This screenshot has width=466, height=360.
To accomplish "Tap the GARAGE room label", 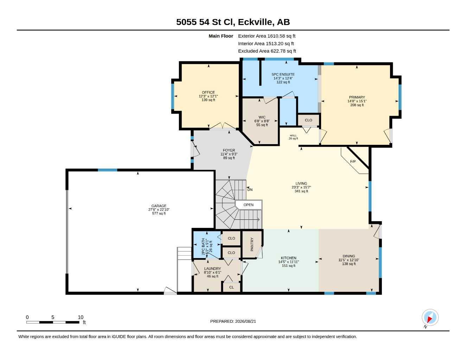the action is coord(159,206).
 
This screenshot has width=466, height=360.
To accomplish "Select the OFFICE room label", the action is coord(208,92).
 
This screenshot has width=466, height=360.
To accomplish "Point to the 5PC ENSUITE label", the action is coord(283,75).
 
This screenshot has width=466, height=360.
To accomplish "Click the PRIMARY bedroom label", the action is coord(357,97).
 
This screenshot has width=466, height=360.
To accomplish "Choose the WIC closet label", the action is coord(262,117).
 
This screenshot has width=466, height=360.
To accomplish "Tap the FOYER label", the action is coord(229,150).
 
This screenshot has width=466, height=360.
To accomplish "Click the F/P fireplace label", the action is coord(353,162).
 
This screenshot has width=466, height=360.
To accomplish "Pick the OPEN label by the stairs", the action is coord(248,205).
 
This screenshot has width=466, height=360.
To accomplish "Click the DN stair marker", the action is coord(250,189).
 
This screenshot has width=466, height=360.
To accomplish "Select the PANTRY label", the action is coord(252,244).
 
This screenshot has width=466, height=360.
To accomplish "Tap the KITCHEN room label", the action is coord(288,258).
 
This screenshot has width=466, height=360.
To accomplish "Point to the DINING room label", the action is coord(349,256).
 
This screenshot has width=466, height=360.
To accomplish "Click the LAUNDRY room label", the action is coord(212,269).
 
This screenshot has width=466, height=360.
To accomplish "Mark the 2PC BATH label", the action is coord(203,246).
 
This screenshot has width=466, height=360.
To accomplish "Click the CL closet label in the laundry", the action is coord(231,287).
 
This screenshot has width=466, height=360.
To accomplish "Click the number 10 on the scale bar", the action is coord(81,317).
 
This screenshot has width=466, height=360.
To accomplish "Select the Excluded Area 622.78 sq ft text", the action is coord(267,51).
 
